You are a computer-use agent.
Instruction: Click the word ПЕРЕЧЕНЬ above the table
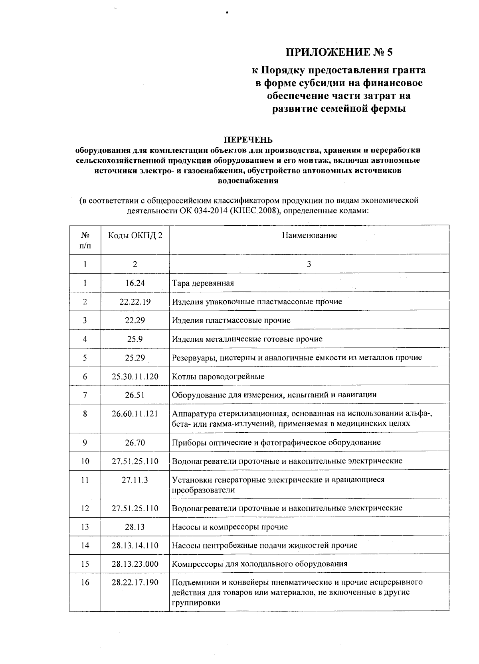click(247, 140)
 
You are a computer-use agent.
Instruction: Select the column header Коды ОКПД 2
click(135, 235)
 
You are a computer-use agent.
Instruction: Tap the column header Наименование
click(309, 235)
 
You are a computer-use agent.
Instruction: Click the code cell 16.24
click(135, 283)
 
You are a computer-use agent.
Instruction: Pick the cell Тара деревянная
click(203, 283)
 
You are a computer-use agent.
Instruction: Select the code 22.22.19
click(135, 301)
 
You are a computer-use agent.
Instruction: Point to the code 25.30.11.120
click(135, 376)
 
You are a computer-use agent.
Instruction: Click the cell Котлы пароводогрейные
click(218, 376)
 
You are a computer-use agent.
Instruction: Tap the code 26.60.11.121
click(135, 414)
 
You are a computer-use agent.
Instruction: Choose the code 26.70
click(135, 442)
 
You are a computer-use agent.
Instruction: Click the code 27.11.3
click(135, 480)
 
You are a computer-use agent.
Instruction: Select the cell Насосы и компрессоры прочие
click(230, 527)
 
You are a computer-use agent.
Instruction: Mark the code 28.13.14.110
click(135, 545)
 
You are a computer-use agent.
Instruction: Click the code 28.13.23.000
click(135, 564)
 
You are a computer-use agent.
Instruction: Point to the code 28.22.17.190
click(135, 582)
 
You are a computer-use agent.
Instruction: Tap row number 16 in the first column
click(85, 582)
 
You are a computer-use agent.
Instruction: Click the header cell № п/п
click(85, 240)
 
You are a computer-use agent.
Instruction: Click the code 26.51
click(135, 395)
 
